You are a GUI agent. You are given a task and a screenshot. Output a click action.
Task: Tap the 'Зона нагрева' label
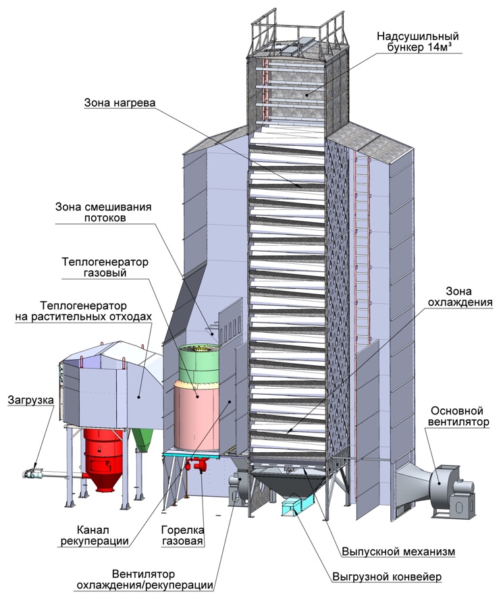coord(120,103)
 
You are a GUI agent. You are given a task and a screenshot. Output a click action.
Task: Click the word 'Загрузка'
coord(30,400)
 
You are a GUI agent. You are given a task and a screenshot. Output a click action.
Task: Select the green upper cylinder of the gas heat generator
coord(199,364)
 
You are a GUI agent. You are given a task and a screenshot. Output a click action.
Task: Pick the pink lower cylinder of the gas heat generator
coord(196,415)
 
